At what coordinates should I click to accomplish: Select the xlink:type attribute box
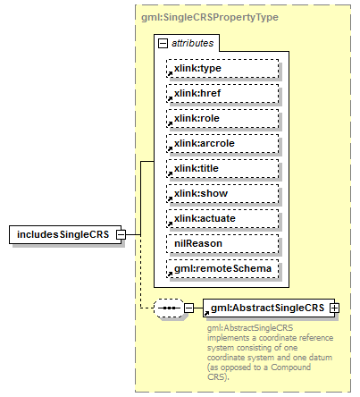222,68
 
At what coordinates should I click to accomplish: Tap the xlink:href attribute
222,93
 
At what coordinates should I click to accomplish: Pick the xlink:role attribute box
222,118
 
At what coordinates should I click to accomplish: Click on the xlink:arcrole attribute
222,143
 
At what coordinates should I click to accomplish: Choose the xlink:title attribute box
222,168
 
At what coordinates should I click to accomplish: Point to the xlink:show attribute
222,193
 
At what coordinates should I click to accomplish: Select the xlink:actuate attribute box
222,218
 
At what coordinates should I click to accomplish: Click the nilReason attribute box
222,243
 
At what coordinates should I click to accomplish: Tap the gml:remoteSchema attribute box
222,268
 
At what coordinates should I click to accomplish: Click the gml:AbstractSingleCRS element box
267,308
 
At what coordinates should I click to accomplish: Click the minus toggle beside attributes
163,42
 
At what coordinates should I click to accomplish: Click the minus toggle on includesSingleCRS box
131,234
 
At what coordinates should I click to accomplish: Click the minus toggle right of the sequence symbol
188,308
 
